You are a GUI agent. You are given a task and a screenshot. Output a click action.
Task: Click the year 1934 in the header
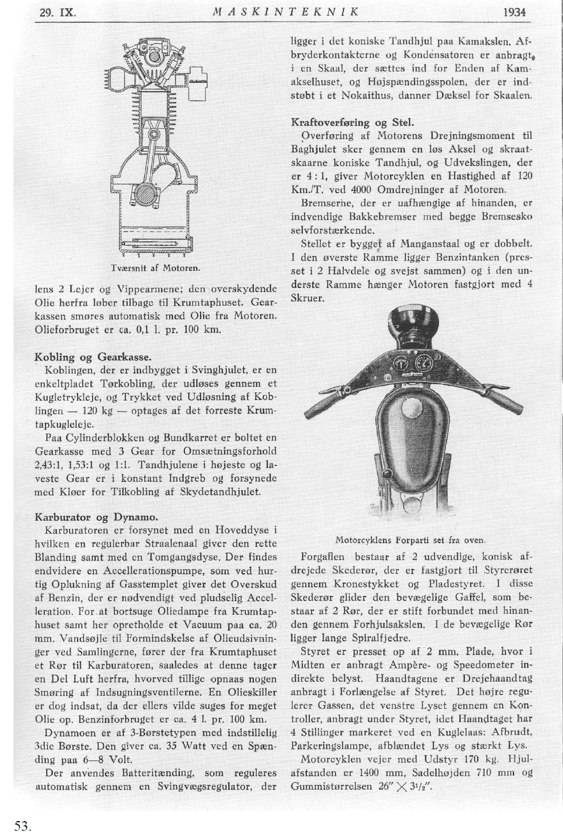coord(515,11)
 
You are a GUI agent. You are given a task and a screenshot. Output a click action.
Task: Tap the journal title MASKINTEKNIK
coord(287,11)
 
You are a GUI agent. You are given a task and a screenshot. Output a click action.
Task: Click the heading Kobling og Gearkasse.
coord(93,357)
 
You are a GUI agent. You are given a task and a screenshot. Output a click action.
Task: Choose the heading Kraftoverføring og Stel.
coord(353,122)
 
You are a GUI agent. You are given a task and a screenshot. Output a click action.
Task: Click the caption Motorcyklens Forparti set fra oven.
coord(410,540)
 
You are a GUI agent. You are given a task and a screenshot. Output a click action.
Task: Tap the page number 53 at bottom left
coord(22,826)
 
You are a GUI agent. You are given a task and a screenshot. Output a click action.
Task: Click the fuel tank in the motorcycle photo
coord(410,427)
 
